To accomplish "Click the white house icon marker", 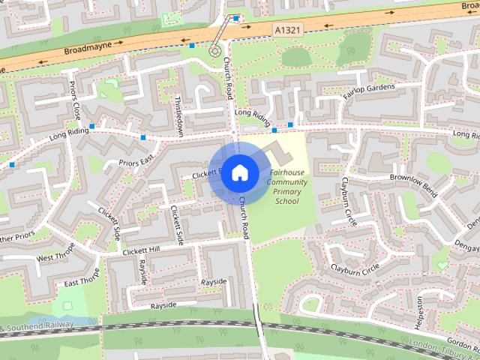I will [239, 173].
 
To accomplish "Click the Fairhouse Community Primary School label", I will [286, 187].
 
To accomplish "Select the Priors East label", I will [136, 162].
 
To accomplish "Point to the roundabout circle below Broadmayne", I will [215, 52].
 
